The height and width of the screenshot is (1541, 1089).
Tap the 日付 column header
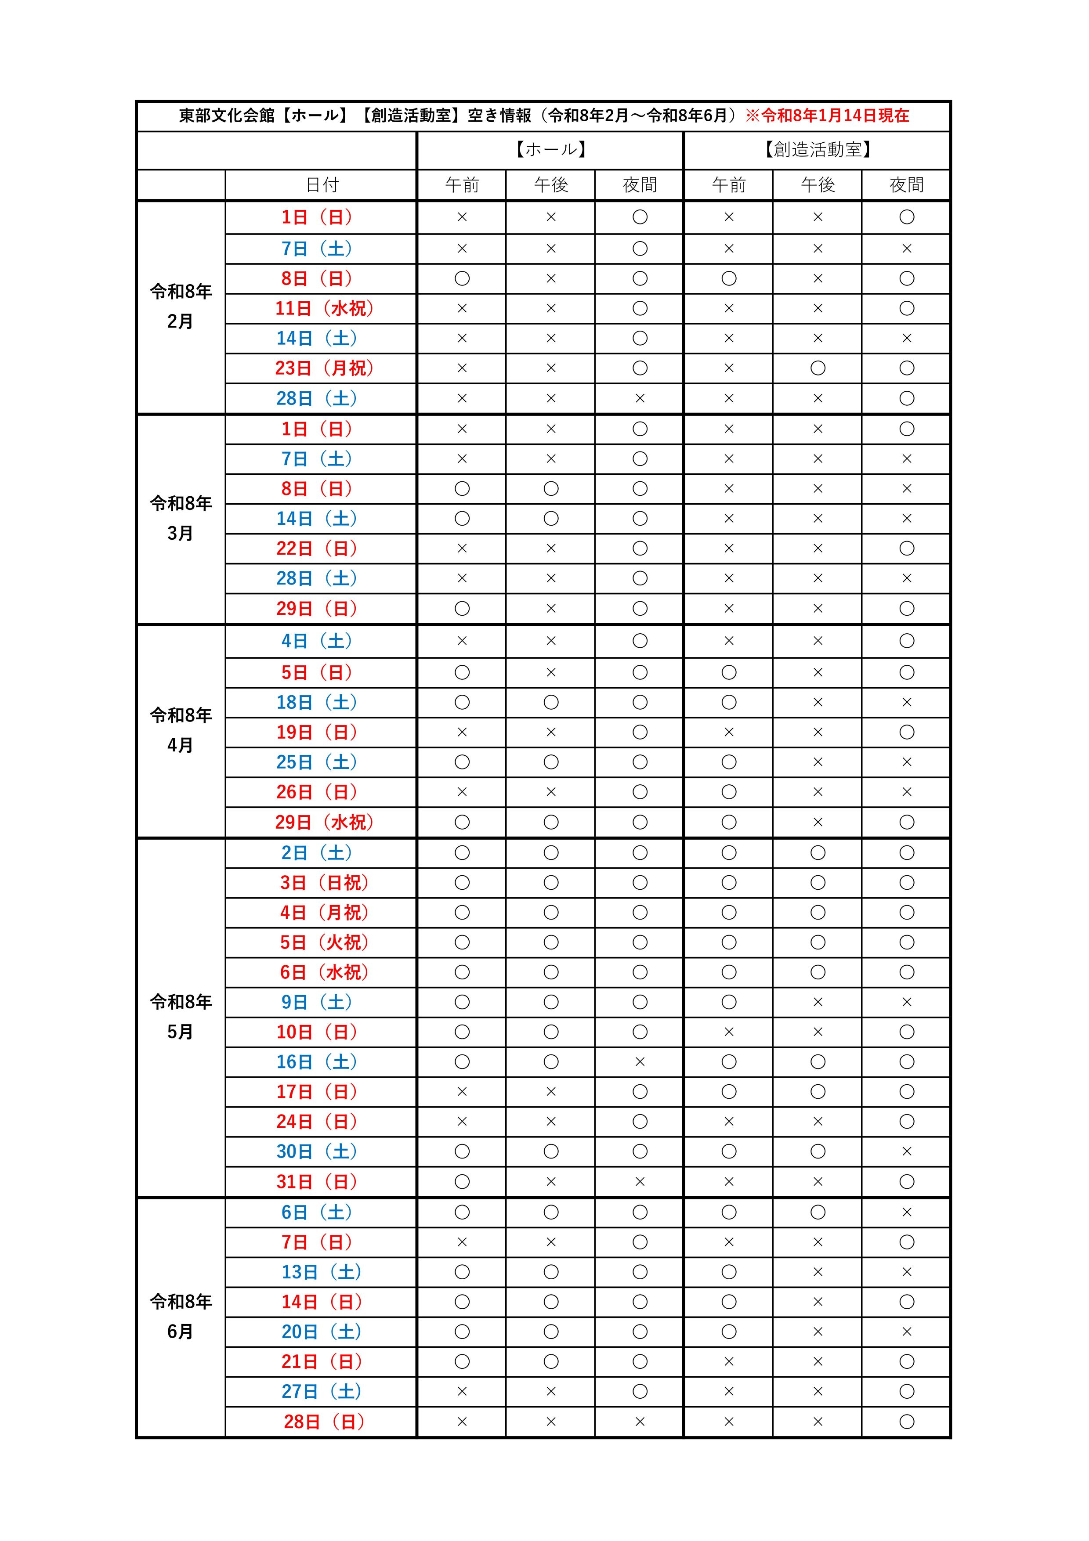point(322,184)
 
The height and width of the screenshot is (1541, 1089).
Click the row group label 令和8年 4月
point(181,730)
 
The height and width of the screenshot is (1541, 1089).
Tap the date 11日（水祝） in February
point(324,308)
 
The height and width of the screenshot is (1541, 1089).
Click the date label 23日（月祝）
point(324,368)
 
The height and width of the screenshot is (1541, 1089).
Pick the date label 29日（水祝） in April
point(324,822)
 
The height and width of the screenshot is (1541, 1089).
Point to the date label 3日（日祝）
point(324,883)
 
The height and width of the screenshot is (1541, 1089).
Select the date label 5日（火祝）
point(324,942)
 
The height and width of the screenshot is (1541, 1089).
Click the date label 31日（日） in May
point(316,1182)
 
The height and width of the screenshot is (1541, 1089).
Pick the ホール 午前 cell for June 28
point(462,1422)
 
